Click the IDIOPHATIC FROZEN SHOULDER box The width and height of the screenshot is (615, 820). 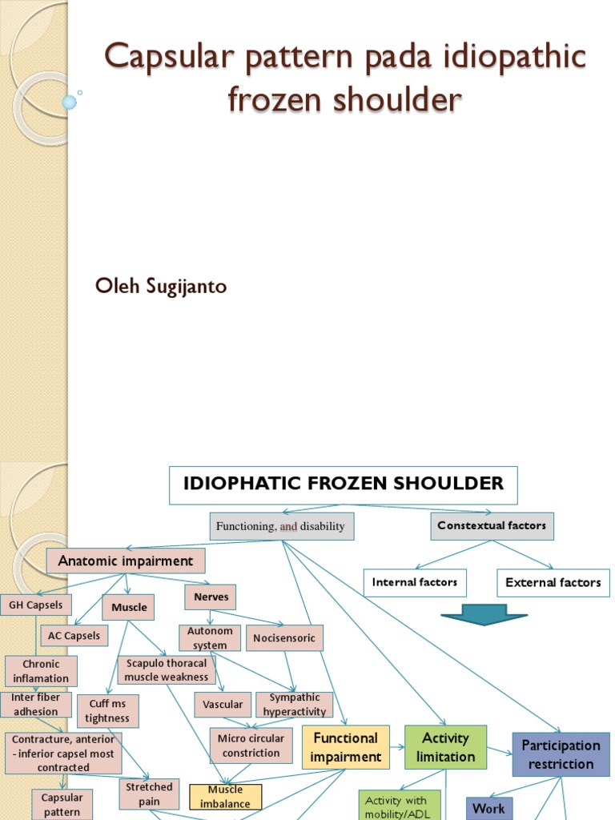(343, 484)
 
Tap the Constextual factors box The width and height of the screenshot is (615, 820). (492, 526)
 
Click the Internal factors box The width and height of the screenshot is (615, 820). (414, 582)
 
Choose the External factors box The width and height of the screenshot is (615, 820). (553, 582)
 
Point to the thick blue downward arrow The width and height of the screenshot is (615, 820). (484, 615)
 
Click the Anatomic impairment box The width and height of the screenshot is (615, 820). (125, 561)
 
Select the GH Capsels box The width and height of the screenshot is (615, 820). (36, 605)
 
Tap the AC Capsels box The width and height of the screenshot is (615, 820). (74, 636)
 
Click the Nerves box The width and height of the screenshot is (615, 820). (211, 597)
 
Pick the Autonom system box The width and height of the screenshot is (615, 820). (210, 638)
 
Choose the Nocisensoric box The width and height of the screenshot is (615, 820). (284, 638)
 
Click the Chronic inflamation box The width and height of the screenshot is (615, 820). (41, 671)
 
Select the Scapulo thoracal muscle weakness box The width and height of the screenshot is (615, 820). (167, 670)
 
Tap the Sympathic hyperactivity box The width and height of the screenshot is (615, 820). (294, 705)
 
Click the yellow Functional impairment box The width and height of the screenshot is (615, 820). (345, 747)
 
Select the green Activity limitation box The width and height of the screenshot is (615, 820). (445, 747)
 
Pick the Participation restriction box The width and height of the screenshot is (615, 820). (561, 754)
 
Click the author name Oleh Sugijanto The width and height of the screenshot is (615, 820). (161, 286)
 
